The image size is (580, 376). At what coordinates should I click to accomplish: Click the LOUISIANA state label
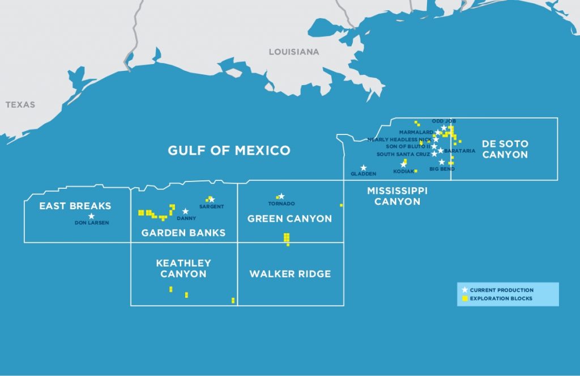point(293,52)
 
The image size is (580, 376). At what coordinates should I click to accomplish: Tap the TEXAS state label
point(20,104)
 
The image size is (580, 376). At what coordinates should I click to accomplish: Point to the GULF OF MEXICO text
point(229,150)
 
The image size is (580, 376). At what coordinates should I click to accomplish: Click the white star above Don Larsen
point(91,216)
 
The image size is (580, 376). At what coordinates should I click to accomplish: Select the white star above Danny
point(185,211)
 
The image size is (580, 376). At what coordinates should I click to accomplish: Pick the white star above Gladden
point(364,168)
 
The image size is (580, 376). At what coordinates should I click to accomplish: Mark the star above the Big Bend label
point(442,162)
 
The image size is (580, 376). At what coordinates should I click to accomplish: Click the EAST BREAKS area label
point(75,206)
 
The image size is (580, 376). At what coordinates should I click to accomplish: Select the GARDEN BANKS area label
point(184,233)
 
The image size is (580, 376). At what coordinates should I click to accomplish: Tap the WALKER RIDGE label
point(290,274)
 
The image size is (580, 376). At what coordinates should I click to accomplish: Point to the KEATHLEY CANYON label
point(184,268)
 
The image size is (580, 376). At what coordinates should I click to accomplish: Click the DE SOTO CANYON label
point(505,149)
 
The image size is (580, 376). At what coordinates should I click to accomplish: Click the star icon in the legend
point(465,290)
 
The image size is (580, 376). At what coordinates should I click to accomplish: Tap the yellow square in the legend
point(465,299)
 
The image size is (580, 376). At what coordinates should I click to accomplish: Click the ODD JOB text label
point(443,121)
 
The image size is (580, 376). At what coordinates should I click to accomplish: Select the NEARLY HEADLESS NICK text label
point(399,139)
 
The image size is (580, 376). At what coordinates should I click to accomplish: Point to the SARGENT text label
point(211,206)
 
